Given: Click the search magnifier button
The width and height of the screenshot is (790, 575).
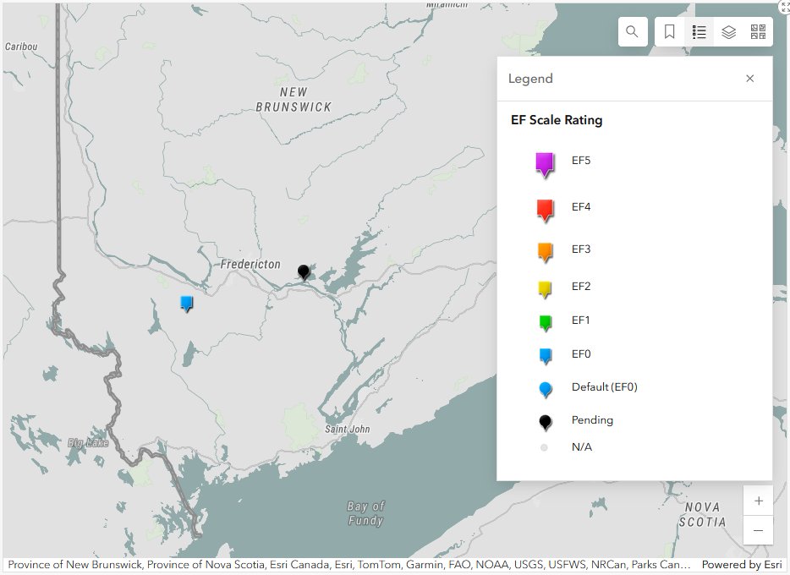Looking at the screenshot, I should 632,32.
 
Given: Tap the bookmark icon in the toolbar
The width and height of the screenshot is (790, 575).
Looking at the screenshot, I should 669,32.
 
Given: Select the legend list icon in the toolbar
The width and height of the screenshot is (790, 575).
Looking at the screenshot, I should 699,32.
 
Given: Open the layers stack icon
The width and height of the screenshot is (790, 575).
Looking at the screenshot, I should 728,32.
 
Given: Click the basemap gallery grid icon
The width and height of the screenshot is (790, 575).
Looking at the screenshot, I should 758,32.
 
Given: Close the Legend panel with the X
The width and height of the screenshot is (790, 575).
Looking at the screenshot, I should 749,79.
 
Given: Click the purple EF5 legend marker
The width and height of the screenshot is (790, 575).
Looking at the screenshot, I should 545,163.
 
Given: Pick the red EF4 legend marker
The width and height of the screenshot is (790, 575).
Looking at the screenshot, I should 545,209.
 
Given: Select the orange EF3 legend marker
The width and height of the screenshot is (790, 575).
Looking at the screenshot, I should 545,250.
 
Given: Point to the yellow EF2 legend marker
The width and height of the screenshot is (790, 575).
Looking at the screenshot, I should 545,288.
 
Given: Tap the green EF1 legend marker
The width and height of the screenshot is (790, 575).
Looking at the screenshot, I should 545,321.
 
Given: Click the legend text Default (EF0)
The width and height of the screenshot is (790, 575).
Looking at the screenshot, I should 604,387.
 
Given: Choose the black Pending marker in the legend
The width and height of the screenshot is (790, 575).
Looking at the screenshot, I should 545,421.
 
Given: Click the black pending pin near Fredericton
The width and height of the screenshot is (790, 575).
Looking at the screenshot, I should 304,271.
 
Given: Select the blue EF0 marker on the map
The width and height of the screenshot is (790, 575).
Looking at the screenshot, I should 187,302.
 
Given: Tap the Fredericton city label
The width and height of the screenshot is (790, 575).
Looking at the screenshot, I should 250,265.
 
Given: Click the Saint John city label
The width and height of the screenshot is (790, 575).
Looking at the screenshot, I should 348,429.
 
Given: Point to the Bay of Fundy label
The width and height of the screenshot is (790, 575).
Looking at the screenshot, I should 365,513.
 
